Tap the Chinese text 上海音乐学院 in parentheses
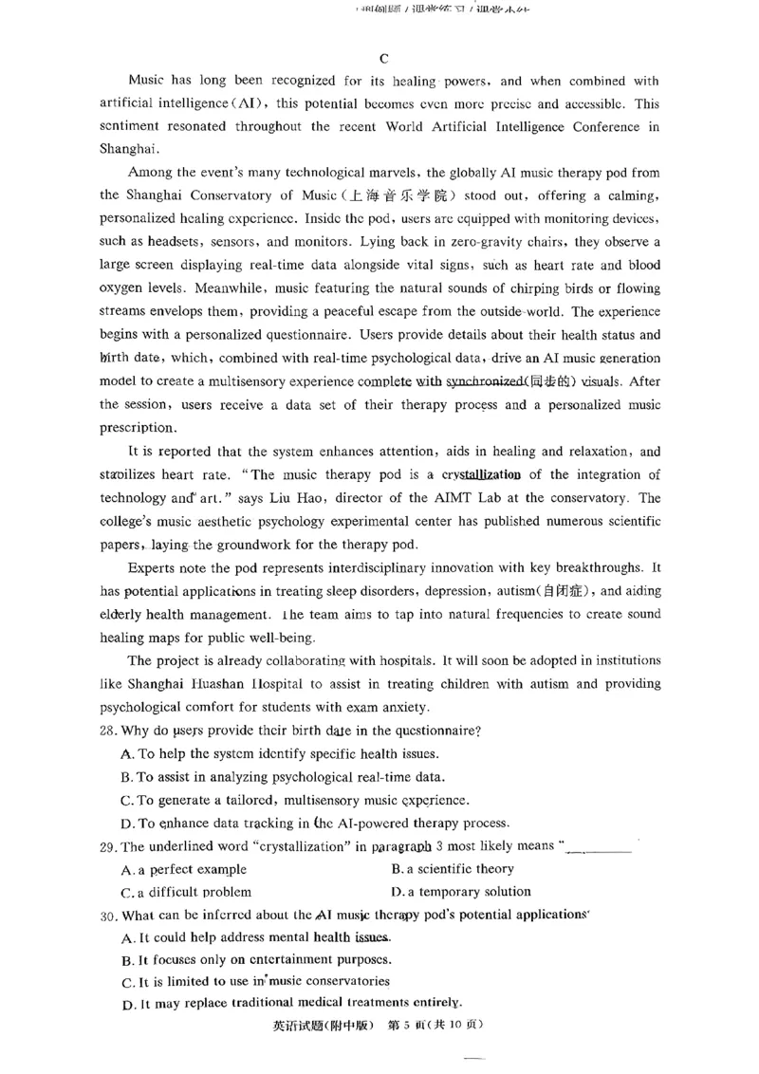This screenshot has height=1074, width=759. pyautogui.click(x=411, y=195)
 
